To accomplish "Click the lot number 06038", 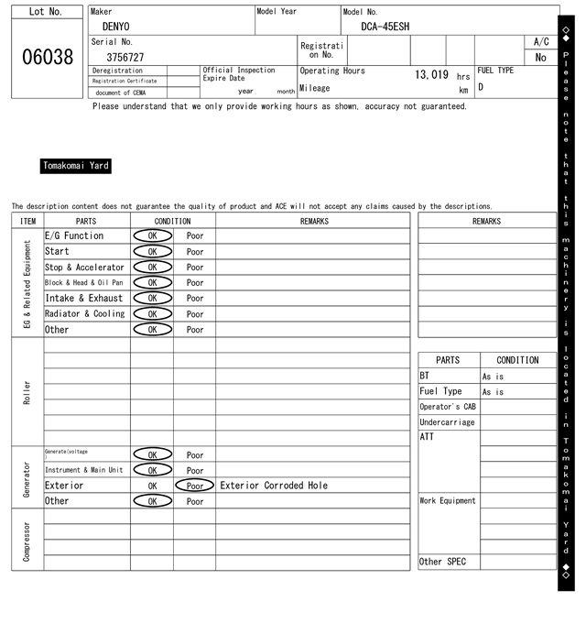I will (47, 57).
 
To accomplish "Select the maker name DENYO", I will (115, 27).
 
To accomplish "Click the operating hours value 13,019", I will (431, 75).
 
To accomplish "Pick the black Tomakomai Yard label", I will (76, 166).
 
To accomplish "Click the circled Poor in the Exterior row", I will (194, 486).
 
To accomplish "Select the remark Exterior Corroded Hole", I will (274, 486).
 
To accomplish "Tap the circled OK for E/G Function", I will (152, 235).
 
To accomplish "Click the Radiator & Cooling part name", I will (84, 313).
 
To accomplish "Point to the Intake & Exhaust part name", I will (83, 298).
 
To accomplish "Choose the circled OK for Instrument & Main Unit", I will (152, 470).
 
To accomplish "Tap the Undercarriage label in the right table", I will (447, 422).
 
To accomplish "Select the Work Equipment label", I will (448, 501).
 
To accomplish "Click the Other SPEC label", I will (442, 562).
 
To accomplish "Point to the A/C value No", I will (540, 57).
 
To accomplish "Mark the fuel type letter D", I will (481, 88).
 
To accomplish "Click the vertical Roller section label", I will (27, 392).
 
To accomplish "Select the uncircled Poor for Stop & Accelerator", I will (195, 267).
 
